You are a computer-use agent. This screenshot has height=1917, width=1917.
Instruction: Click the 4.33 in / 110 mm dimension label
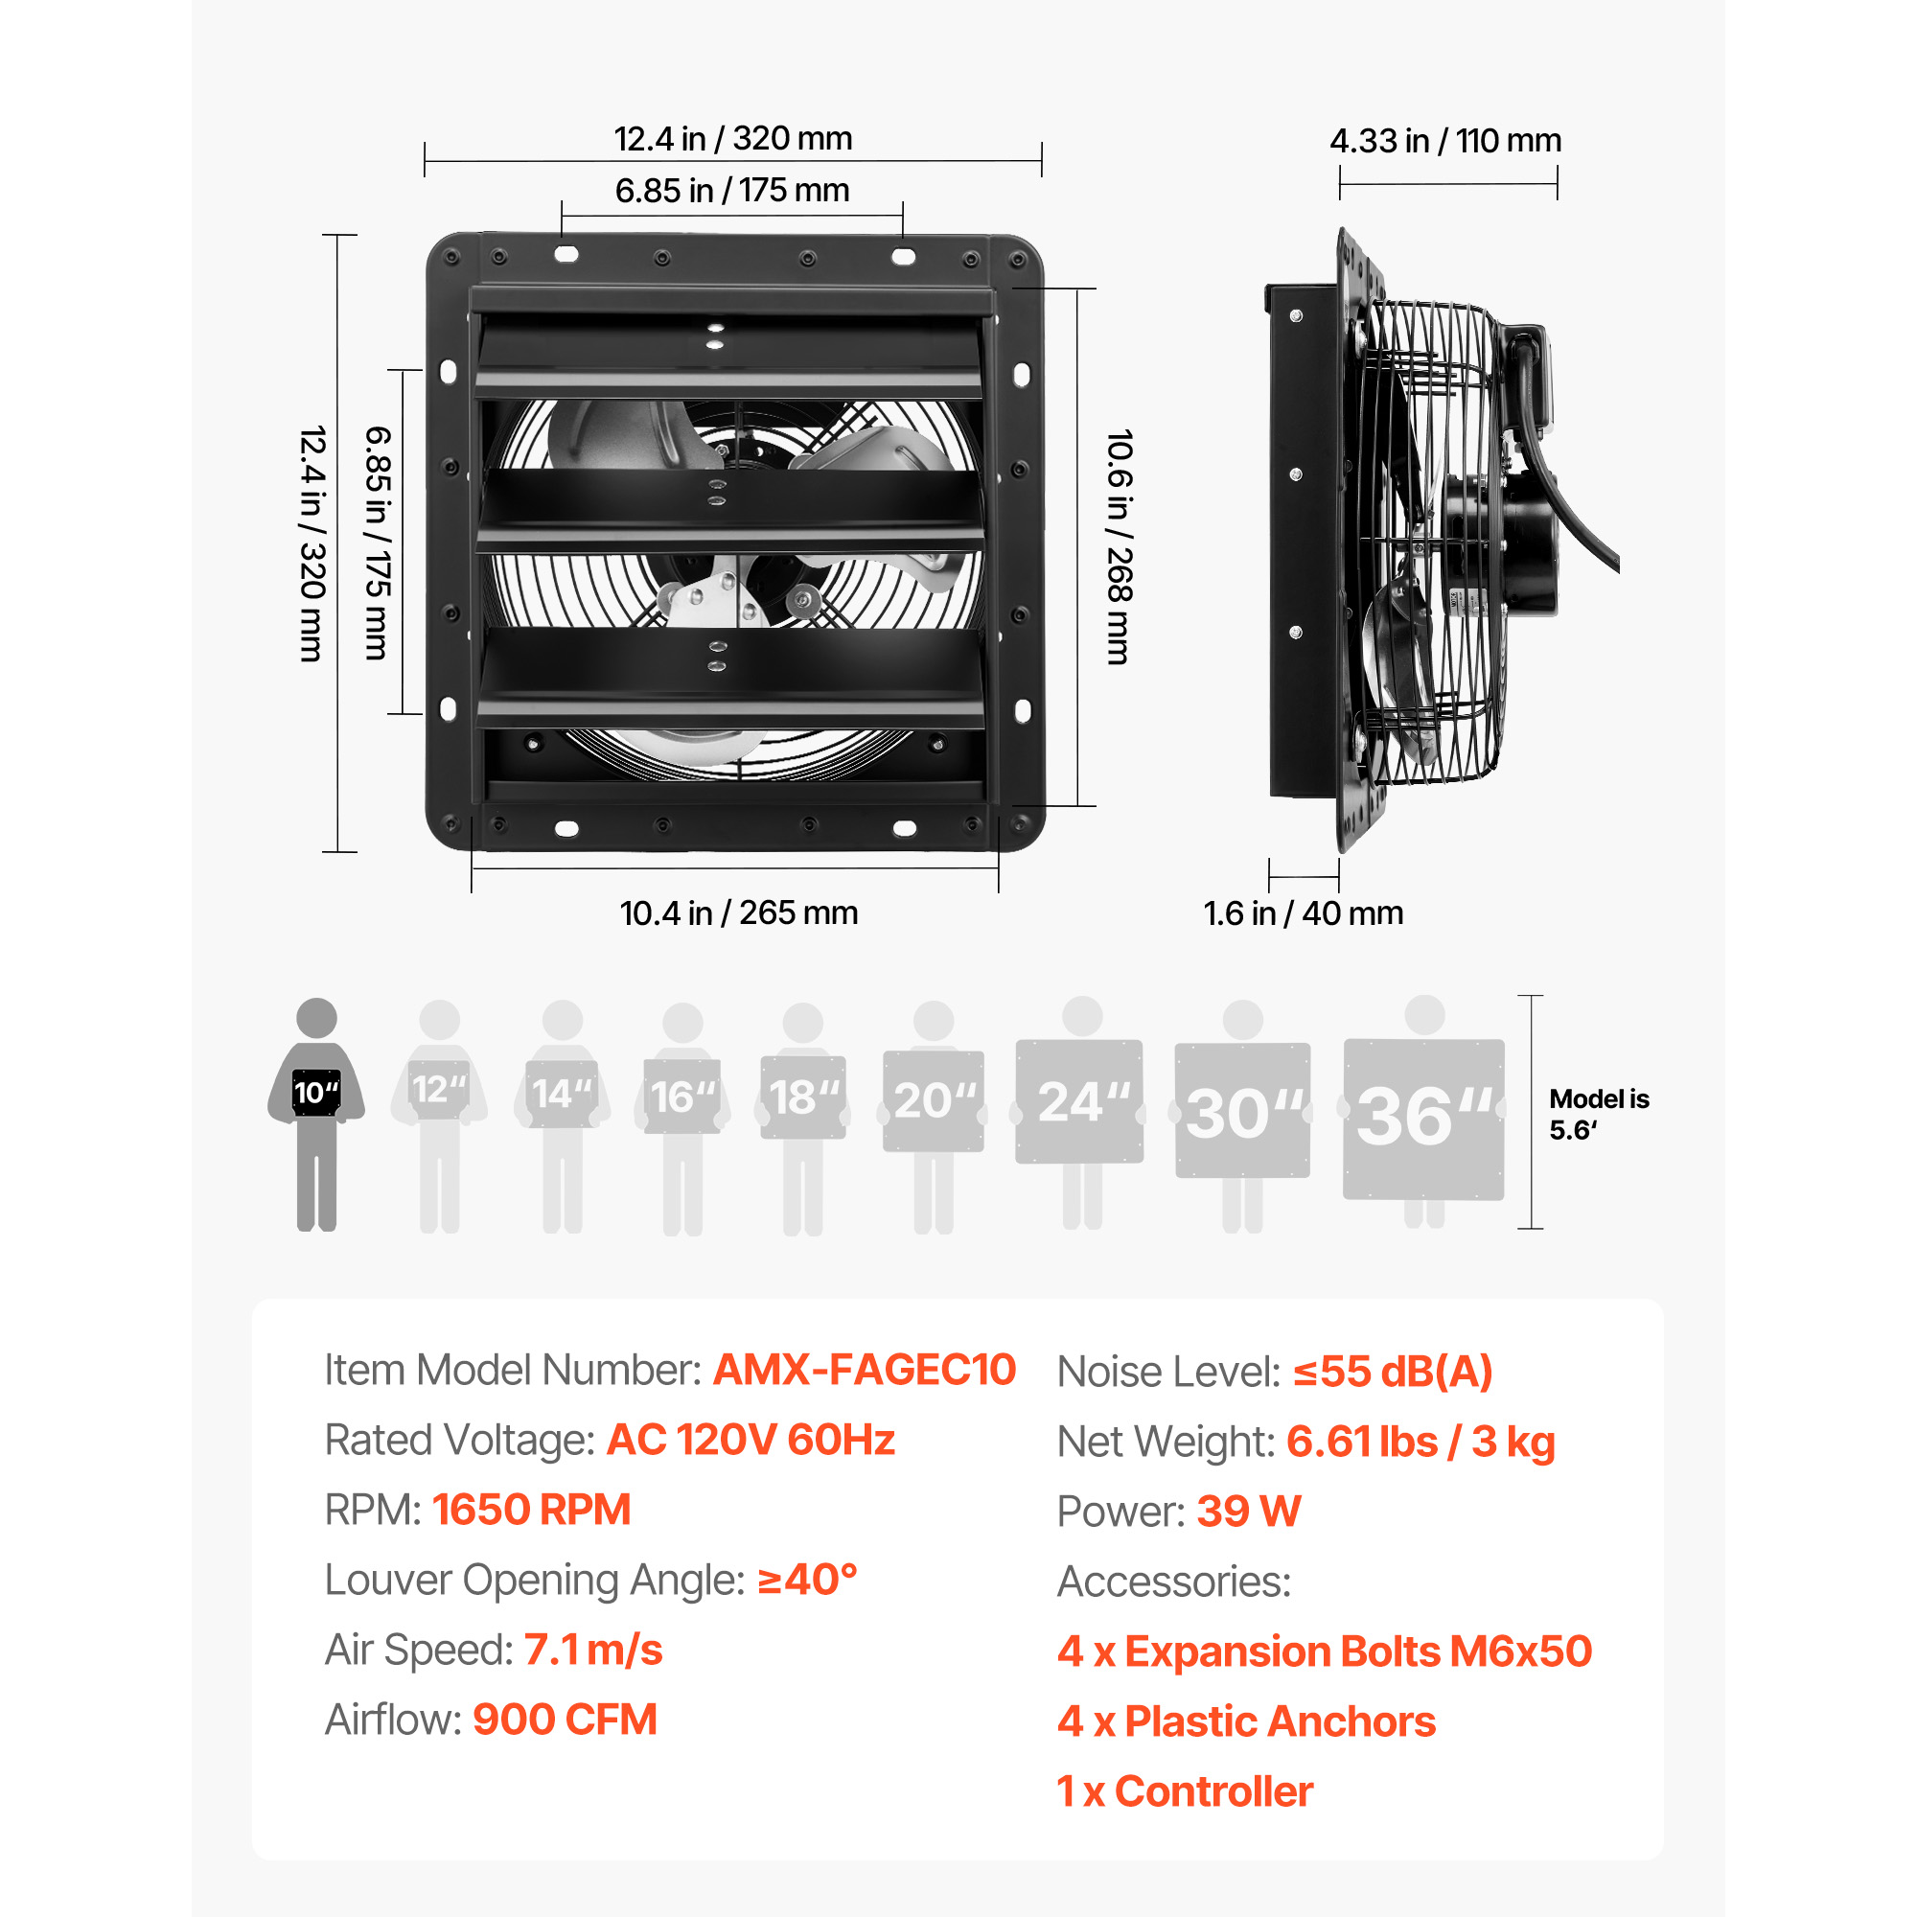click(1444, 141)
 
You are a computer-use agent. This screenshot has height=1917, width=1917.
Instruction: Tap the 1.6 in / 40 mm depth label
click(1303, 912)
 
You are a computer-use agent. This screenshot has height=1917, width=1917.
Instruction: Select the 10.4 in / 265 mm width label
click(738, 912)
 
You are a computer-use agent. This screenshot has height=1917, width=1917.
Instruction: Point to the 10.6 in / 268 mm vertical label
click(1120, 546)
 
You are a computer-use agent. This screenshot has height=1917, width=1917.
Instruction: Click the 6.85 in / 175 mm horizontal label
click(732, 190)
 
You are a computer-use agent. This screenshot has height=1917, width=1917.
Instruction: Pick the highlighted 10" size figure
click(316, 1115)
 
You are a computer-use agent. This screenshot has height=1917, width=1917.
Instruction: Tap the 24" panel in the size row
click(1079, 1101)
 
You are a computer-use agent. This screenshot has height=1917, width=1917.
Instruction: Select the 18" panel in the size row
click(802, 1097)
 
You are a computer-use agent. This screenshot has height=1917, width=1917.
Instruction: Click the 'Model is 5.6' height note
click(1599, 1115)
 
